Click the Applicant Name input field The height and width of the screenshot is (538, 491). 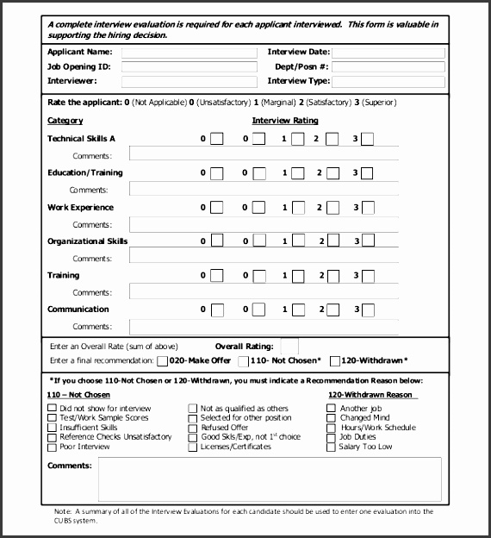(x=190, y=53)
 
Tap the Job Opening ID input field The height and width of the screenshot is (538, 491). (x=190, y=67)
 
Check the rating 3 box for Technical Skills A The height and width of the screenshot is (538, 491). (x=367, y=139)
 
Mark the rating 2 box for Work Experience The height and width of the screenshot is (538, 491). (x=333, y=207)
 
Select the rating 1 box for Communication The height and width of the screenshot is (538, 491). (x=297, y=310)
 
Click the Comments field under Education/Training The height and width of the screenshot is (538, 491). (x=263, y=189)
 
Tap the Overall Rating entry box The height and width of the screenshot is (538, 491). (x=289, y=346)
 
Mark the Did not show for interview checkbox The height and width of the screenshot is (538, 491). (x=53, y=408)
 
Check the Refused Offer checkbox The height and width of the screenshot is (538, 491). (x=192, y=428)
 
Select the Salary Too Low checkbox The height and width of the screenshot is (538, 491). (x=332, y=447)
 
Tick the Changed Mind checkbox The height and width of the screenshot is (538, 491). (x=332, y=418)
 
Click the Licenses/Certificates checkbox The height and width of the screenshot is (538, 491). (x=192, y=447)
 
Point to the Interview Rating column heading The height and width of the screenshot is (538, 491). (x=284, y=121)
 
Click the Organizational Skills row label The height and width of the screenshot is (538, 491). (x=87, y=241)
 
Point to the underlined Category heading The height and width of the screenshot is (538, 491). (x=65, y=121)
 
